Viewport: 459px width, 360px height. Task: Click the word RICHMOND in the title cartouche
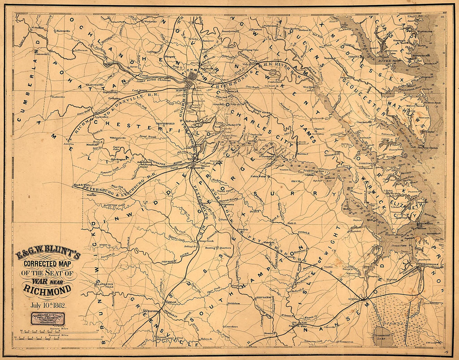point(47,289)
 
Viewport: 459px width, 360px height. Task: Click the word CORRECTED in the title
point(47,264)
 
